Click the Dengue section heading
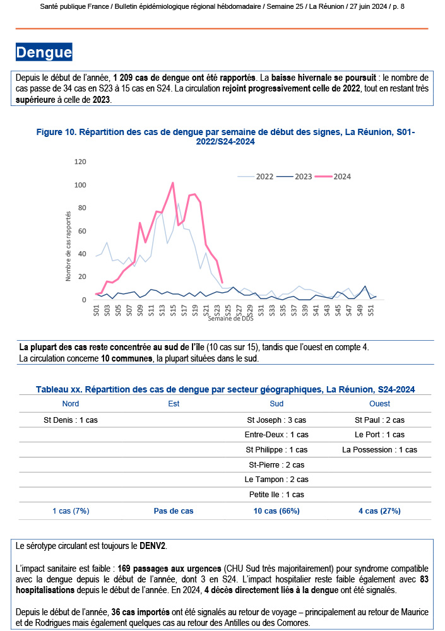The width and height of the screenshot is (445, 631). point(44,52)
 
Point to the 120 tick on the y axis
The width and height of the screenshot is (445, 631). point(80,162)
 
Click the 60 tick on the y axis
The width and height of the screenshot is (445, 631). point(82,231)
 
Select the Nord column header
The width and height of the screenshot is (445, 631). point(71,404)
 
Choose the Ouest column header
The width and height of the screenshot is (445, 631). point(379,404)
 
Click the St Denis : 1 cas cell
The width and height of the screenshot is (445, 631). point(71,420)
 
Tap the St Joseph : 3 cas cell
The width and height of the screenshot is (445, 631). point(276,420)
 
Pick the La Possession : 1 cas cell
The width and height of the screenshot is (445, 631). point(379,450)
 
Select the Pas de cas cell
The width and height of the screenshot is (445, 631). point(174,510)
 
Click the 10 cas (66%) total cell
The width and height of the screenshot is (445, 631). point(276,510)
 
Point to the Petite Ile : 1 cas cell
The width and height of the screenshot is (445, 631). point(276,495)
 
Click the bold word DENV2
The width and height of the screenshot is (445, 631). point(153,545)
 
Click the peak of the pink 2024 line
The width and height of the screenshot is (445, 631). point(173,183)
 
